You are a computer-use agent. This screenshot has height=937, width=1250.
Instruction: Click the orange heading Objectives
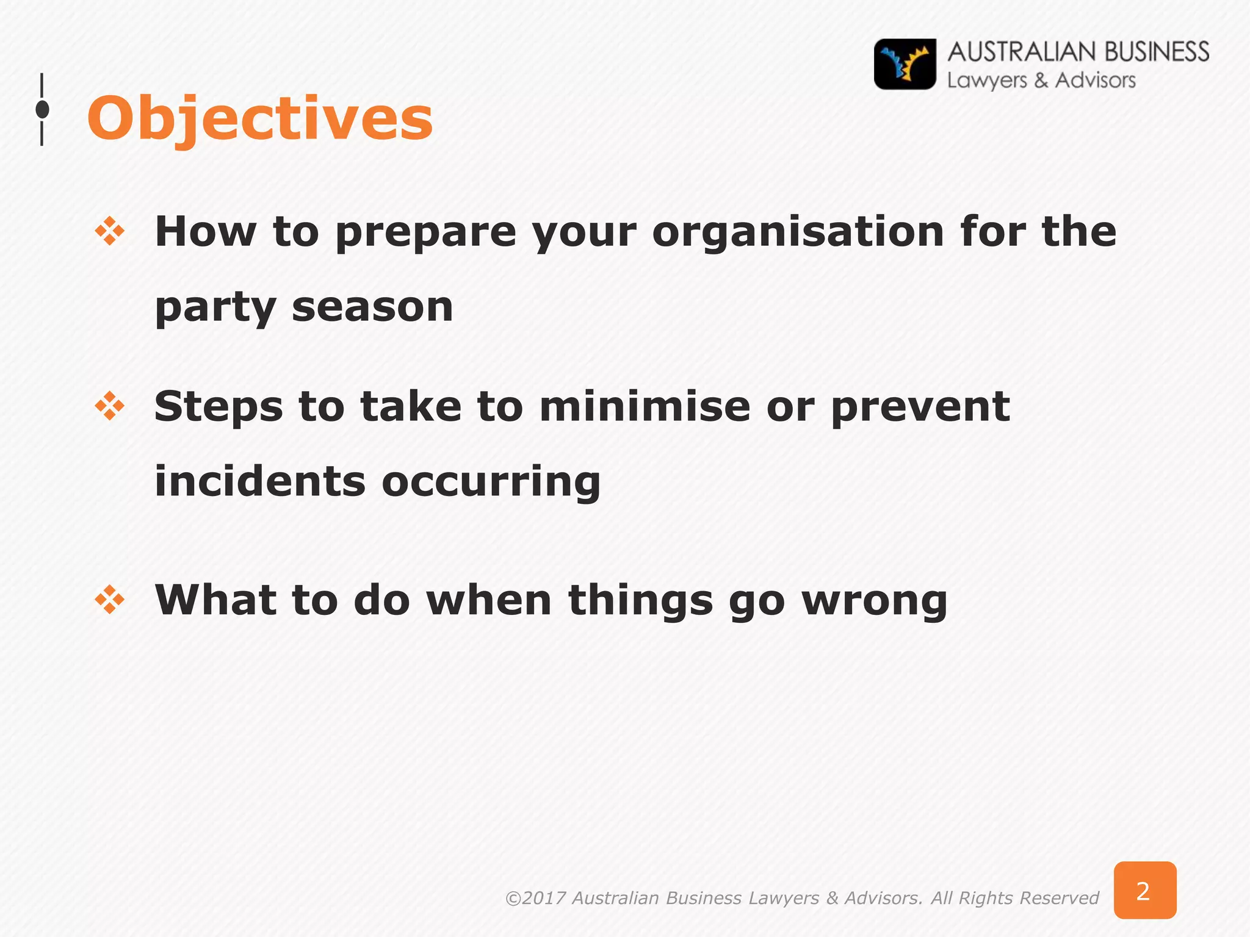coord(260,119)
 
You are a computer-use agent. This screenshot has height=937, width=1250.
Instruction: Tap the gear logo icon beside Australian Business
coord(905,65)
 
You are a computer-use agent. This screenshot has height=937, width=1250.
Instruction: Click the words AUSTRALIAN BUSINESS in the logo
coord(1078,52)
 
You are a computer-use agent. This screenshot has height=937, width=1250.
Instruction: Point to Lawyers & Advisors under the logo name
coord(1041,81)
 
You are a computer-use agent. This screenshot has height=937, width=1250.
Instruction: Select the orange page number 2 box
coord(1144,890)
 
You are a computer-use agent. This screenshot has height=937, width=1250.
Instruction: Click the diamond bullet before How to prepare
coord(110,232)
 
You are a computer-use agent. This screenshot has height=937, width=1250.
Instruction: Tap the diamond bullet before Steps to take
coord(110,406)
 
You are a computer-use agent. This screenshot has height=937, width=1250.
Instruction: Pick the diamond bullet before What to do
coord(110,600)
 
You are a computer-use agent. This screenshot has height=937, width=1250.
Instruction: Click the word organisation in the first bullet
coord(798,232)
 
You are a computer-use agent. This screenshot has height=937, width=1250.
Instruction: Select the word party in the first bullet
coord(215,308)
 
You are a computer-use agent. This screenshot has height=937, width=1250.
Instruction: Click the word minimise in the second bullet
coord(645,407)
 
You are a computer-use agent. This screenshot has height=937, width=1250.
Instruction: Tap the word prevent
coord(920,408)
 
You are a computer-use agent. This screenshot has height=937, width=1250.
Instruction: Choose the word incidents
coord(260,481)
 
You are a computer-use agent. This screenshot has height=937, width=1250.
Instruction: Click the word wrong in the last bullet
coord(874,602)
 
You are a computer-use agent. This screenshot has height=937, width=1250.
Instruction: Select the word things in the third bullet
coord(640,602)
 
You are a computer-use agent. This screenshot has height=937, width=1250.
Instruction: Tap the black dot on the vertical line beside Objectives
coord(42,110)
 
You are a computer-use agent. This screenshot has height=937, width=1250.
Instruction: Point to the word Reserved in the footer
coord(1059,898)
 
